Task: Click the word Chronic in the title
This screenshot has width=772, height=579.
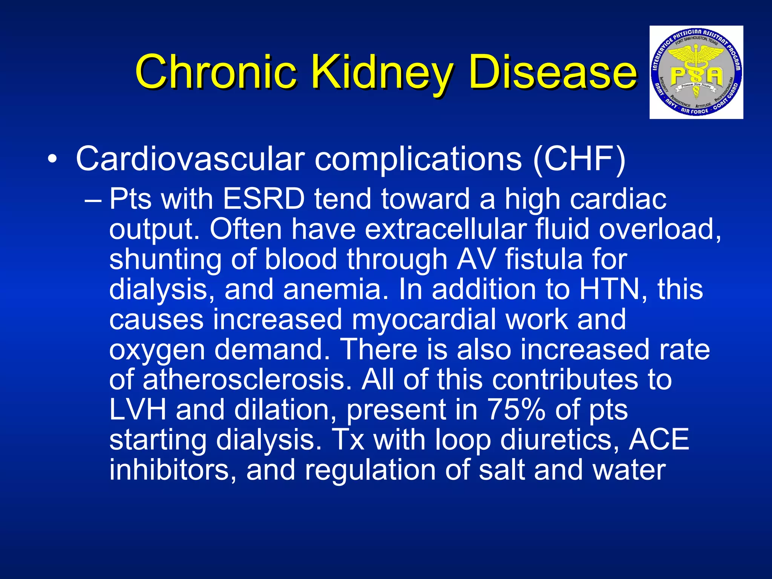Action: point(215,72)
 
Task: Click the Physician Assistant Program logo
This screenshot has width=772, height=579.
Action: point(696,72)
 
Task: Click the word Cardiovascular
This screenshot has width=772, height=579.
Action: point(190,159)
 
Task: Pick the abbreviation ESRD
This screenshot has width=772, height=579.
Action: point(263,199)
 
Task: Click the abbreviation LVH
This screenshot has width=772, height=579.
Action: point(138,409)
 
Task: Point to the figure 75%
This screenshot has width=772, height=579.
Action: point(516,409)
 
